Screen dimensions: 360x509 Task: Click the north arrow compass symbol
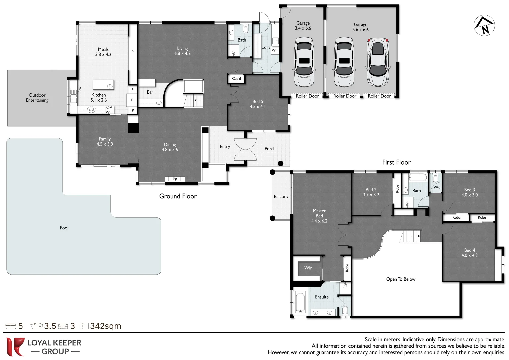click(x=484, y=25)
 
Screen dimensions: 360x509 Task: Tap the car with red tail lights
click(x=378, y=62)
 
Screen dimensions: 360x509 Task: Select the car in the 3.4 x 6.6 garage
click(x=304, y=62)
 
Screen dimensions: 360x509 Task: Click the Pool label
click(x=64, y=228)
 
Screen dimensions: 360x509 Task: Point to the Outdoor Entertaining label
click(x=37, y=98)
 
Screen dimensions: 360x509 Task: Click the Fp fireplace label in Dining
click(x=175, y=179)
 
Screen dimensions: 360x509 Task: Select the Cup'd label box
click(x=236, y=79)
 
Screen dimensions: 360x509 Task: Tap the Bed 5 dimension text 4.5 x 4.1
click(x=258, y=107)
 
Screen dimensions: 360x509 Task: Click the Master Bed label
click(x=319, y=213)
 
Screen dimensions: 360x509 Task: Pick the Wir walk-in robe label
click(x=308, y=268)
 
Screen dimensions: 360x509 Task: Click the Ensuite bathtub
click(x=300, y=302)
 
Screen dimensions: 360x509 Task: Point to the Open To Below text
click(x=401, y=279)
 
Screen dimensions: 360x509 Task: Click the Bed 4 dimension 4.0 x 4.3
click(x=469, y=255)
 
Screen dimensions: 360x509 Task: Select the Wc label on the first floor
click(x=437, y=187)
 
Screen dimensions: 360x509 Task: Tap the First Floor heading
click(x=396, y=162)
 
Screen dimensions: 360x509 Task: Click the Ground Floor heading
click(x=178, y=196)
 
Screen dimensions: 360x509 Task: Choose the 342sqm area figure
click(x=106, y=326)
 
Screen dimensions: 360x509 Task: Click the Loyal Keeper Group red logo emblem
click(x=15, y=347)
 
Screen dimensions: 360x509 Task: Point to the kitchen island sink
click(x=110, y=86)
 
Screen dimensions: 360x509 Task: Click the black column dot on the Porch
click(x=281, y=163)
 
